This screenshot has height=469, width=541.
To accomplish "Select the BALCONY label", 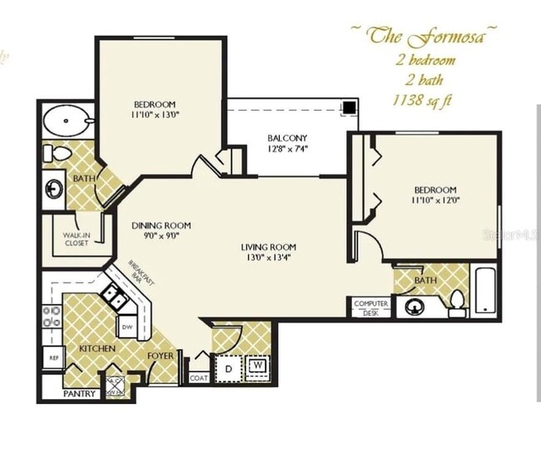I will [287, 138].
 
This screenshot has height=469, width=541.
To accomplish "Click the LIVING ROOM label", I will [269, 247].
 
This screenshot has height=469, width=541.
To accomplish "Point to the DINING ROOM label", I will [161, 225].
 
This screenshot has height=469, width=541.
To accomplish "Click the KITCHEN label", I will [97, 347].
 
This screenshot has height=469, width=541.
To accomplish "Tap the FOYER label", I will [161, 357].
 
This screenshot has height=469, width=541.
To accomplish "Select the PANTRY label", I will [80, 393].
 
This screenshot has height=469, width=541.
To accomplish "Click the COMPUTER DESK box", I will [370, 307].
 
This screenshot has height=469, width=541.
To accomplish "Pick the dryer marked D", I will [227, 365].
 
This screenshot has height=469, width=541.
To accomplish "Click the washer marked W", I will [257, 364].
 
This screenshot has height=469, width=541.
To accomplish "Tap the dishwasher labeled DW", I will [127, 326].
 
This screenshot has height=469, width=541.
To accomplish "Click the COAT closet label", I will [198, 377].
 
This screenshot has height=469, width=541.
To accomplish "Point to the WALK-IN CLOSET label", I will [77, 240].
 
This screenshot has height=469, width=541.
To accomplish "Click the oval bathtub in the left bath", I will [67, 122].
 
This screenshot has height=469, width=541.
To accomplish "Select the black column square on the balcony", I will [350, 107].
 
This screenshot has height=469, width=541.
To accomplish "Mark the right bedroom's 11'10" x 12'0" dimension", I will [433, 200].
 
